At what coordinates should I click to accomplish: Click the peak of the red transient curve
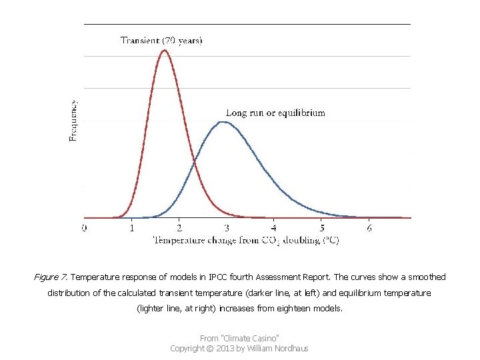(x=164, y=51)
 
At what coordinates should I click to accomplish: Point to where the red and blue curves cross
(x=194, y=162)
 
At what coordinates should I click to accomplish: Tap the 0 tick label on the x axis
(x=84, y=229)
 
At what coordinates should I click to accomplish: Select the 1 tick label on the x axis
(x=131, y=229)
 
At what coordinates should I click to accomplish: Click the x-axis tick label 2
(x=179, y=229)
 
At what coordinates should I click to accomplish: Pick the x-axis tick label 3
(x=226, y=229)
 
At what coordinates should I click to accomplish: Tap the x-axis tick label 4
(x=274, y=229)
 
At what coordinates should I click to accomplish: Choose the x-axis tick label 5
(x=321, y=229)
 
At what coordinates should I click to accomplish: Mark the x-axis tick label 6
(x=369, y=229)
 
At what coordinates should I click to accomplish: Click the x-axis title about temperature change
(x=247, y=241)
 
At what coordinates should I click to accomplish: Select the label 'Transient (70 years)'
(x=161, y=40)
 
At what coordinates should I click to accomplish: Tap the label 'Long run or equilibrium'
(x=275, y=113)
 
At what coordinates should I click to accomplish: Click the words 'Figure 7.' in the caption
(x=51, y=277)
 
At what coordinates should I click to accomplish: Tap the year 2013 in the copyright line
(x=230, y=348)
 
